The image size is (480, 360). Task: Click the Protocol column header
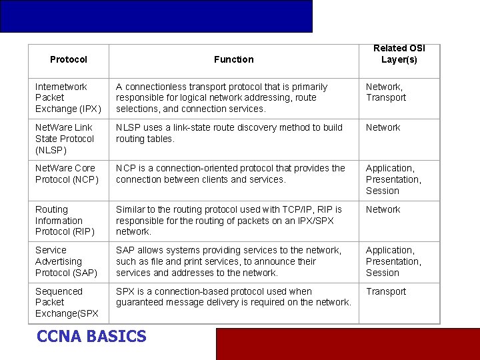click(68, 59)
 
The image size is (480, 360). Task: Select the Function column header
click(233, 59)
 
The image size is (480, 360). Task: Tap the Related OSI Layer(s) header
click(399, 54)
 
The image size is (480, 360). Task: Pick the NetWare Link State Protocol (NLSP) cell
click(65, 139)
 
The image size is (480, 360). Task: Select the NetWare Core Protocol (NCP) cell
click(67, 174)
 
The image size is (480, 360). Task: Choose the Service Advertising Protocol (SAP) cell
click(66, 261)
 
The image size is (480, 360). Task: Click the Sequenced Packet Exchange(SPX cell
click(67, 302)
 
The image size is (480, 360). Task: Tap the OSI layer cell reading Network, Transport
click(386, 92)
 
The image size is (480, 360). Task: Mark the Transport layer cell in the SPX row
click(386, 291)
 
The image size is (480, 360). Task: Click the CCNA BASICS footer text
click(91, 337)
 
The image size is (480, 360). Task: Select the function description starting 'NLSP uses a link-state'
click(229, 133)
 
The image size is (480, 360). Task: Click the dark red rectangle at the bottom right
click(347, 344)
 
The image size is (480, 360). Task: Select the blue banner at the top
click(156, 16)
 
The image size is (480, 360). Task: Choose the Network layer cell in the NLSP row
click(383, 127)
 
